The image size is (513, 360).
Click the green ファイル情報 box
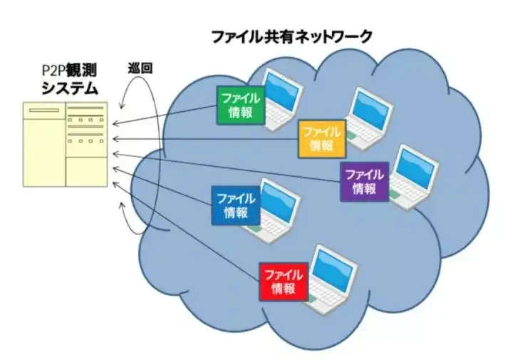click(240, 105)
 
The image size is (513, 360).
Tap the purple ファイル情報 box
click(364, 180)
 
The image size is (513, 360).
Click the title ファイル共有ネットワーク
click(292, 36)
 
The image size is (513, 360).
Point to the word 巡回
click(139, 69)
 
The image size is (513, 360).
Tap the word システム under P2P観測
click(69, 88)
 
